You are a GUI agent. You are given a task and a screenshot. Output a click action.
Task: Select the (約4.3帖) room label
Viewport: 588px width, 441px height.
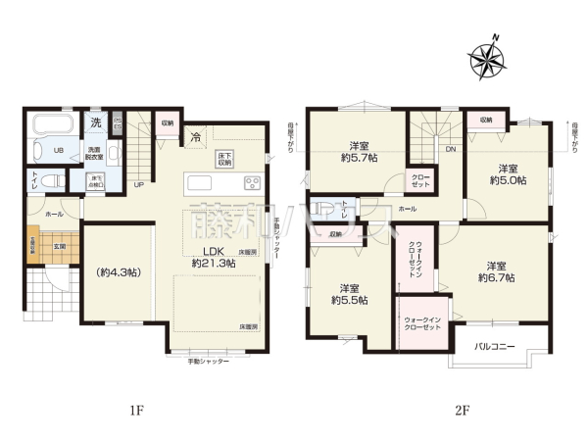coord(118,271)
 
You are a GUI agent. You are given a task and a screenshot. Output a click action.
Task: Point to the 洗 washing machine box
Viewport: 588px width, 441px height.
coord(96,123)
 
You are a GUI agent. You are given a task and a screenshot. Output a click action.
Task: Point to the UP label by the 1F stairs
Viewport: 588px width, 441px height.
coord(139,184)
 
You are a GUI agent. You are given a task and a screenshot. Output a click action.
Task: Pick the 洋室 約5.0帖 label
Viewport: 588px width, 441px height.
coord(509,173)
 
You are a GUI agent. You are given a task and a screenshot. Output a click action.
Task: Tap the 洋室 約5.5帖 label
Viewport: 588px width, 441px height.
coord(349,294)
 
